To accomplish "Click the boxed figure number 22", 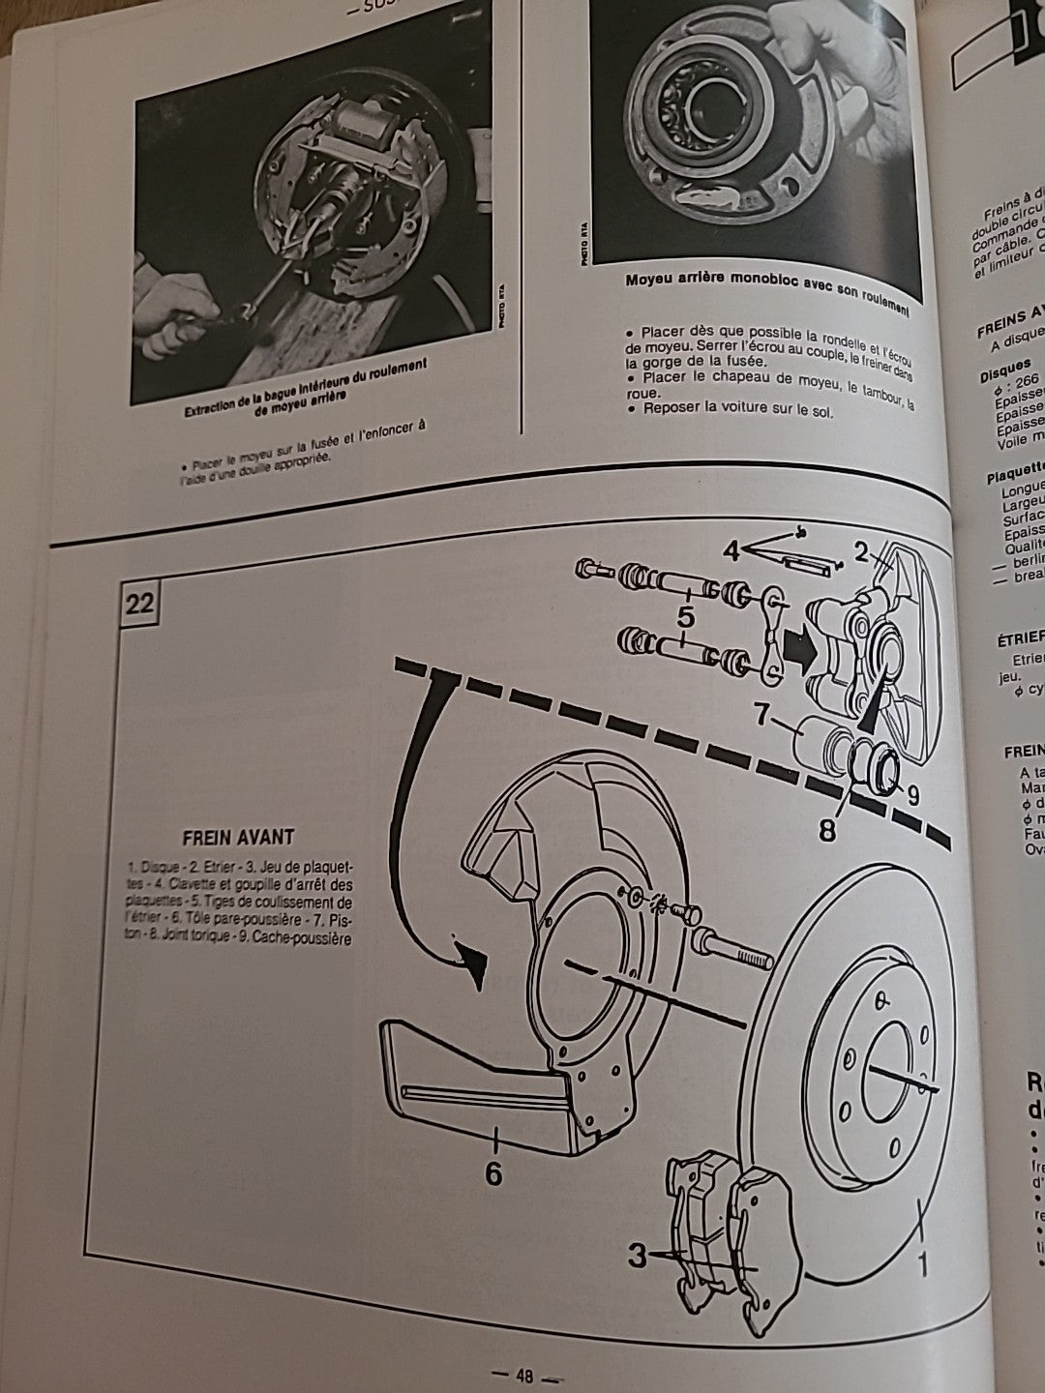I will tap(138, 605).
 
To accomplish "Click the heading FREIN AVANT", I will tap(238, 836).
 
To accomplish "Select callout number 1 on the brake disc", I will tap(922, 1263).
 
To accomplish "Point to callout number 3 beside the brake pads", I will tap(637, 1257).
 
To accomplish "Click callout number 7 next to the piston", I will tap(761, 718).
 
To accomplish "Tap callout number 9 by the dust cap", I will tap(915, 795).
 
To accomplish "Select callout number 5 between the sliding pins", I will tap(684, 611).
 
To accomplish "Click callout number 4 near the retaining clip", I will tap(731, 551).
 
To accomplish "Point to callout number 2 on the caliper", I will tap(860, 552).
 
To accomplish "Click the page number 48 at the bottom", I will tap(525, 1376).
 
